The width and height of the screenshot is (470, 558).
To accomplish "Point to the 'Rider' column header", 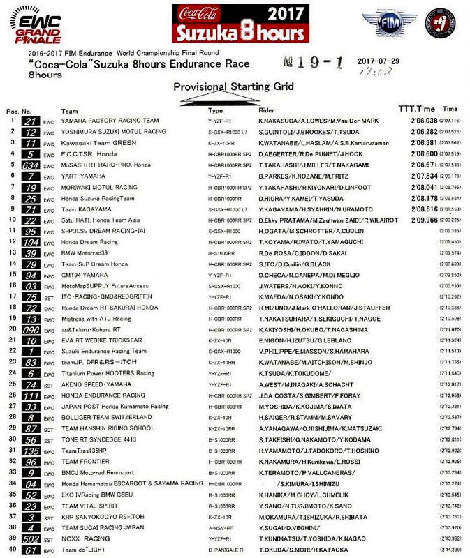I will pyautogui.click(x=267, y=110).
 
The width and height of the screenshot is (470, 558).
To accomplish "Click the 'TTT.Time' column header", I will pyautogui.click(x=416, y=109).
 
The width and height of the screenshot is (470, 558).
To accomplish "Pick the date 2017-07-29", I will pyautogui.click(x=377, y=61).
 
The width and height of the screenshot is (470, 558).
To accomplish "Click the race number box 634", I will pyautogui.click(x=30, y=165).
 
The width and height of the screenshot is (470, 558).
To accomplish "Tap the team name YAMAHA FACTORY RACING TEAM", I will pyautogui.click(x=110, y=121).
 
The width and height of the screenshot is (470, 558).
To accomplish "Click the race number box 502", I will pyautogui.click(x=30, y=538).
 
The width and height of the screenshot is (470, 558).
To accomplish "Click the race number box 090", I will pyautogui.click(x=30, y=329).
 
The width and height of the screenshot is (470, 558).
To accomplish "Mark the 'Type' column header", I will pyautogui.click(x=216, y=110).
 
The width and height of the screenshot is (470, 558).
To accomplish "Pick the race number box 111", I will pyautogui.click(x=30, y=395).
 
